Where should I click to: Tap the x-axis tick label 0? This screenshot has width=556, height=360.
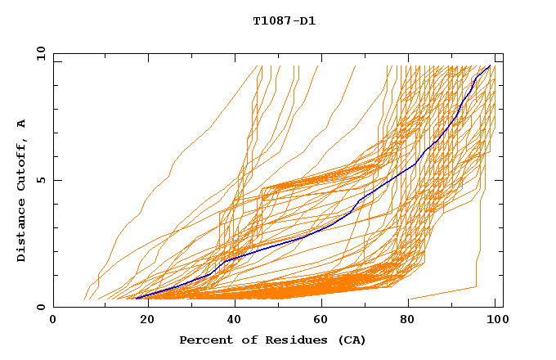pos(53,321)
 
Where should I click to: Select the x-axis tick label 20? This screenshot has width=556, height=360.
pos(142,321)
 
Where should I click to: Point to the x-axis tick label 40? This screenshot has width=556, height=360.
pos(231,321)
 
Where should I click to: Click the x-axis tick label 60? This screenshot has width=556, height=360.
pos(320,321)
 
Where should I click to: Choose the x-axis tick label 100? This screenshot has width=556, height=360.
pos(495,321)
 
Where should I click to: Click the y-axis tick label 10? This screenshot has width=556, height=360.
pos(40,53)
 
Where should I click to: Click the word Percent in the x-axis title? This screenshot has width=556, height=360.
pos(206,340)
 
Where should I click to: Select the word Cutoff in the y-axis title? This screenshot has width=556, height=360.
pos(21,164)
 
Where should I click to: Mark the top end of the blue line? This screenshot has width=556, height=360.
pos(490,66)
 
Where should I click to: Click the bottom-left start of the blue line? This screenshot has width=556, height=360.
pos(137,298)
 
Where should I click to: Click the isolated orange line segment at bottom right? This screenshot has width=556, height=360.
pos(442,293)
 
